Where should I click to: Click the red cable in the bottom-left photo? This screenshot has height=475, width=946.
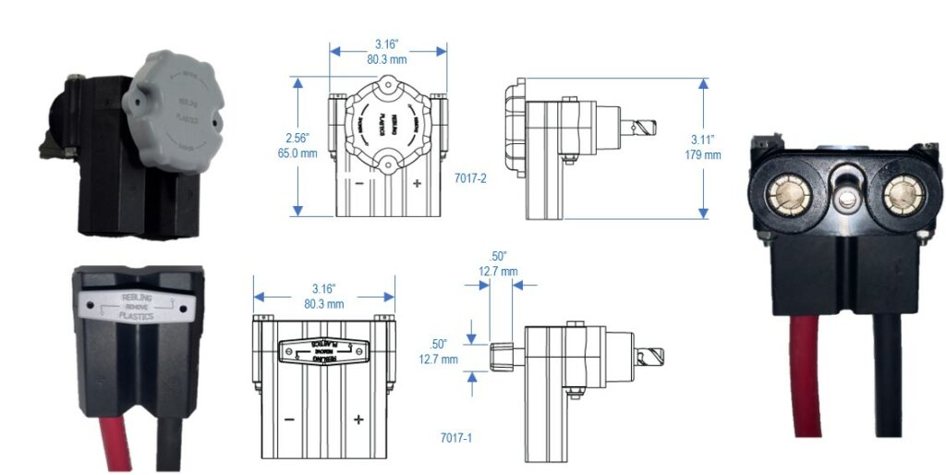[x=115, y=443]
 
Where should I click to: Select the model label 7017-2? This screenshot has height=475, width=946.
[x=471, y=177]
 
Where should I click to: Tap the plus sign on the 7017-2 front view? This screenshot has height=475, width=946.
[x=417, y=184]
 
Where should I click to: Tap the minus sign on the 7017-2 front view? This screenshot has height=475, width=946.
[x=357, y=184]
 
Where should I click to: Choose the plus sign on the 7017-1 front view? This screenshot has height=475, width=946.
[x=358, y=420]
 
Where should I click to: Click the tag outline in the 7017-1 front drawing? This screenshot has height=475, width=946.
[x=322, y=352]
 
